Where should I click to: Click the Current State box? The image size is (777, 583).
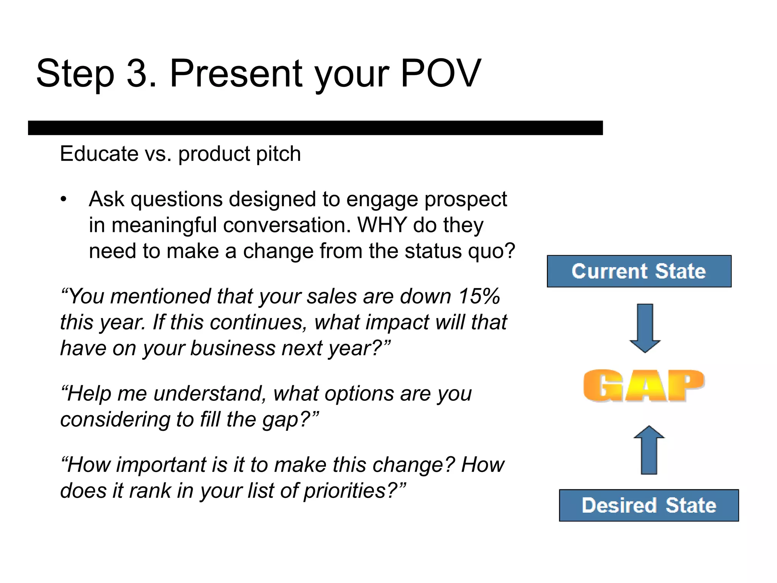click(639, 271)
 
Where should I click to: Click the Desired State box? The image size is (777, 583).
click(649, 505)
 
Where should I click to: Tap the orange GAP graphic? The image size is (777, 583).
click(644, 386)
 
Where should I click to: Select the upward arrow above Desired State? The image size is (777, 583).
click(649, 450)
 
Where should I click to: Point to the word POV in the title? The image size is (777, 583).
click(440, 73)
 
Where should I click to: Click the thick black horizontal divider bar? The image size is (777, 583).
click(315, 128)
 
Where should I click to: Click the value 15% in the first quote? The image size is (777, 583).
click(479, 296)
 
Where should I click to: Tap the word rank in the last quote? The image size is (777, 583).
click(151, 490)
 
